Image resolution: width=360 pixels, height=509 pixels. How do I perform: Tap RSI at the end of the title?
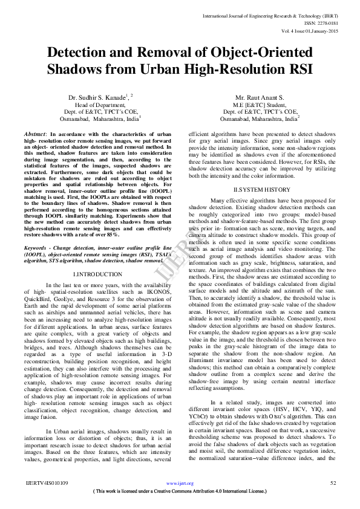point(295,69)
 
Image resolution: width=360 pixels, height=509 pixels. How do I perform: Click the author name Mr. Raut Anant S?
point(260,97)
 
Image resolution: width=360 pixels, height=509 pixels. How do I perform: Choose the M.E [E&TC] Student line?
point(260,105)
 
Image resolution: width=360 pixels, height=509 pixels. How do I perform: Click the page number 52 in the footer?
point(332,483)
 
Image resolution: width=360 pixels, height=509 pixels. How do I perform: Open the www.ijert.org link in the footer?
point(180,484)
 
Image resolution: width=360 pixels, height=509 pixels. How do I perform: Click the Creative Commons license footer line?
point(180,491)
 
